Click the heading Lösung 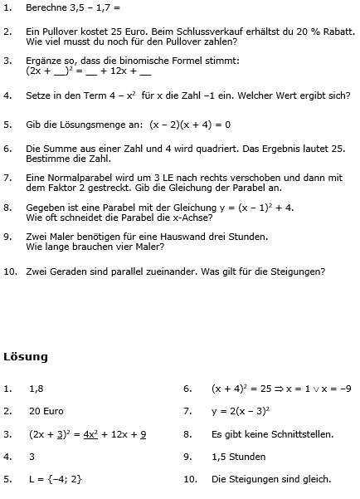point(25,357)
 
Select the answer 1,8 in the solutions point(36,388)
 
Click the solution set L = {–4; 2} point(55,479)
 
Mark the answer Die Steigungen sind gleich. point(271,479)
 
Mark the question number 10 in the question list point(10,270)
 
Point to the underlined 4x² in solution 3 point(93,433)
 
